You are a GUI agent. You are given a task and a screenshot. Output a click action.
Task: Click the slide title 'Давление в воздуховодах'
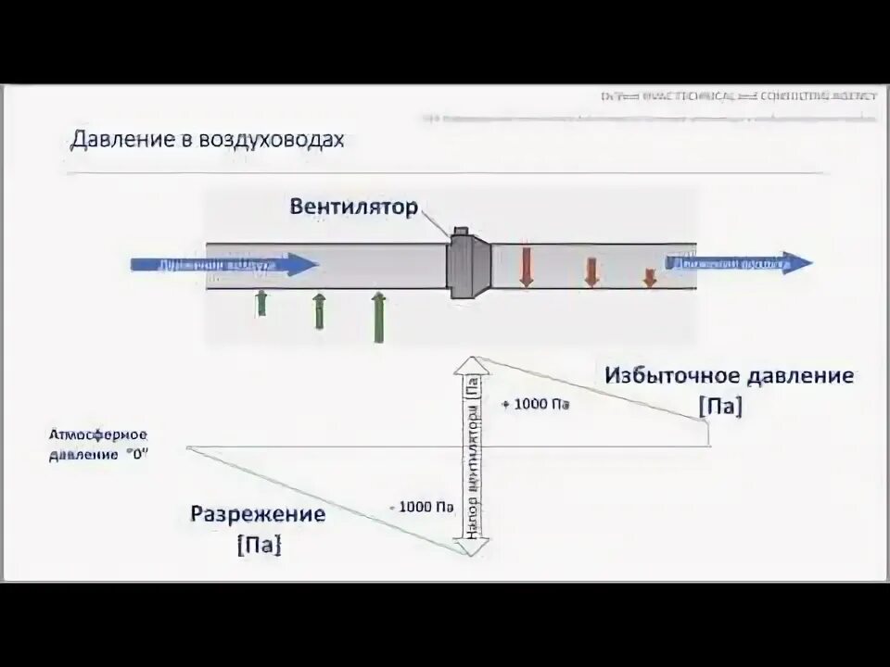click(x=208, y=140)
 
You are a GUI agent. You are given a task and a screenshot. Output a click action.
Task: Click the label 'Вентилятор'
click(x=353, y=206)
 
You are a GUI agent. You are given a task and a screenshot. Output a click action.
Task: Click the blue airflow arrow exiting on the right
click(x=737, y=263)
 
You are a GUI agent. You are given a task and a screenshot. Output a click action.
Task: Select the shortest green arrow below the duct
click(x=261, y=302)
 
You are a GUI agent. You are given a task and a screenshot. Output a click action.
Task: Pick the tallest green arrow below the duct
click(x=378, y=317)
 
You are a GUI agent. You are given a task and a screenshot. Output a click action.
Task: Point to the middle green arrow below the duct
click(x=319, y=311)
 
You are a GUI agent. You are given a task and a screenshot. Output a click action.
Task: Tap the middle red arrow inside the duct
click(x=591, y=271)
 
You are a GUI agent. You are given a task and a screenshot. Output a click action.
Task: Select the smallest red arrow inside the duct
click(x=650, y=277)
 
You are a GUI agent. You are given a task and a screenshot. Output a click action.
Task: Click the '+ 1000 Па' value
click(x=535, y=405)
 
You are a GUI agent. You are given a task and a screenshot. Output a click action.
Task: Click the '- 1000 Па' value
click(x=422, y=507)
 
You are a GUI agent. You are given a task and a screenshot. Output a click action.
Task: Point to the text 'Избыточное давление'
click(x=729, y=376)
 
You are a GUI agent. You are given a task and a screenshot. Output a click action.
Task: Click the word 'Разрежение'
click(x=258, y=513)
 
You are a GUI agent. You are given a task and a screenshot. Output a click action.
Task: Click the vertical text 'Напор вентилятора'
click(x=472, y=459)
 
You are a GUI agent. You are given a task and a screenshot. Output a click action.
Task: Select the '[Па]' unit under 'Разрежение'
click(x=259, y=546)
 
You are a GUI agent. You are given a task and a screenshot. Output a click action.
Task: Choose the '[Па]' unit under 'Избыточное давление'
click(x=721, y=407)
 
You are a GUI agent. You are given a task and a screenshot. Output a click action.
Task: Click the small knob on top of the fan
click(x=460, y=232)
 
